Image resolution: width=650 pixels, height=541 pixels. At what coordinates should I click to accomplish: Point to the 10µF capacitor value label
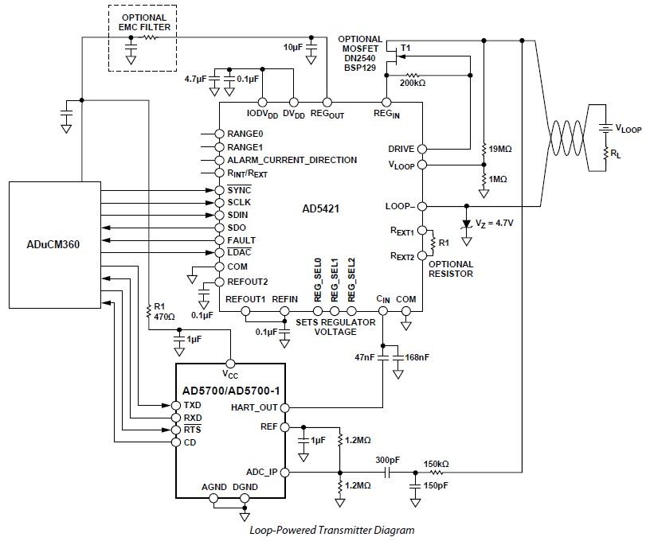tap(293, 49)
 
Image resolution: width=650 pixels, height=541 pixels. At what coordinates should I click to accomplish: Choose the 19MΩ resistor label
tap(499, 148)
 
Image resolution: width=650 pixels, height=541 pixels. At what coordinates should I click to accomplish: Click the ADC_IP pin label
tap(260, 472)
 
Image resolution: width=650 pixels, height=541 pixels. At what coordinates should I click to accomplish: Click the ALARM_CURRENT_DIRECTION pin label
tap(292, 160)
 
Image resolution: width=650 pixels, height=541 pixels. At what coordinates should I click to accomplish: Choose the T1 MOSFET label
tap(406, 49)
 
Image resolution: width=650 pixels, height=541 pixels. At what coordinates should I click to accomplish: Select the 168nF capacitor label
tap(417, 358)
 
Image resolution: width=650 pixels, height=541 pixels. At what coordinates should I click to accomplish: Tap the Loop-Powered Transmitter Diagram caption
tap(331, 529)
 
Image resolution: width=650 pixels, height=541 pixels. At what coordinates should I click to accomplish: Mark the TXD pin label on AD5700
tap(193, 405)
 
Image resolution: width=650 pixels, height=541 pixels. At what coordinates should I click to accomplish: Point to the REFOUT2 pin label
tap(248, 282)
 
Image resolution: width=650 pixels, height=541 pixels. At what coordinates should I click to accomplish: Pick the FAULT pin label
tap(242, 240)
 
